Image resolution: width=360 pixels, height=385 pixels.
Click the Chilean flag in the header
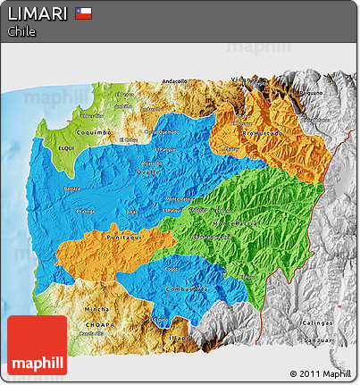tap(84, 13)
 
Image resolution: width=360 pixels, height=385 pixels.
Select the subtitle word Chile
tap(21, 31)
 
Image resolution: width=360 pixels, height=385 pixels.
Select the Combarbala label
tap(188, 289)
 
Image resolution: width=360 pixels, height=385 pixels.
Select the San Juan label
tap(320, 339)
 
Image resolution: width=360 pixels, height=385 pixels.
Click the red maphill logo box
tap(37, 345)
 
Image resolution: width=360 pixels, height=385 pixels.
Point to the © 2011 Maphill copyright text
tap(320, 372)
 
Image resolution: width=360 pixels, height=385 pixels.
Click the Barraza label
tap(73, 190)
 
